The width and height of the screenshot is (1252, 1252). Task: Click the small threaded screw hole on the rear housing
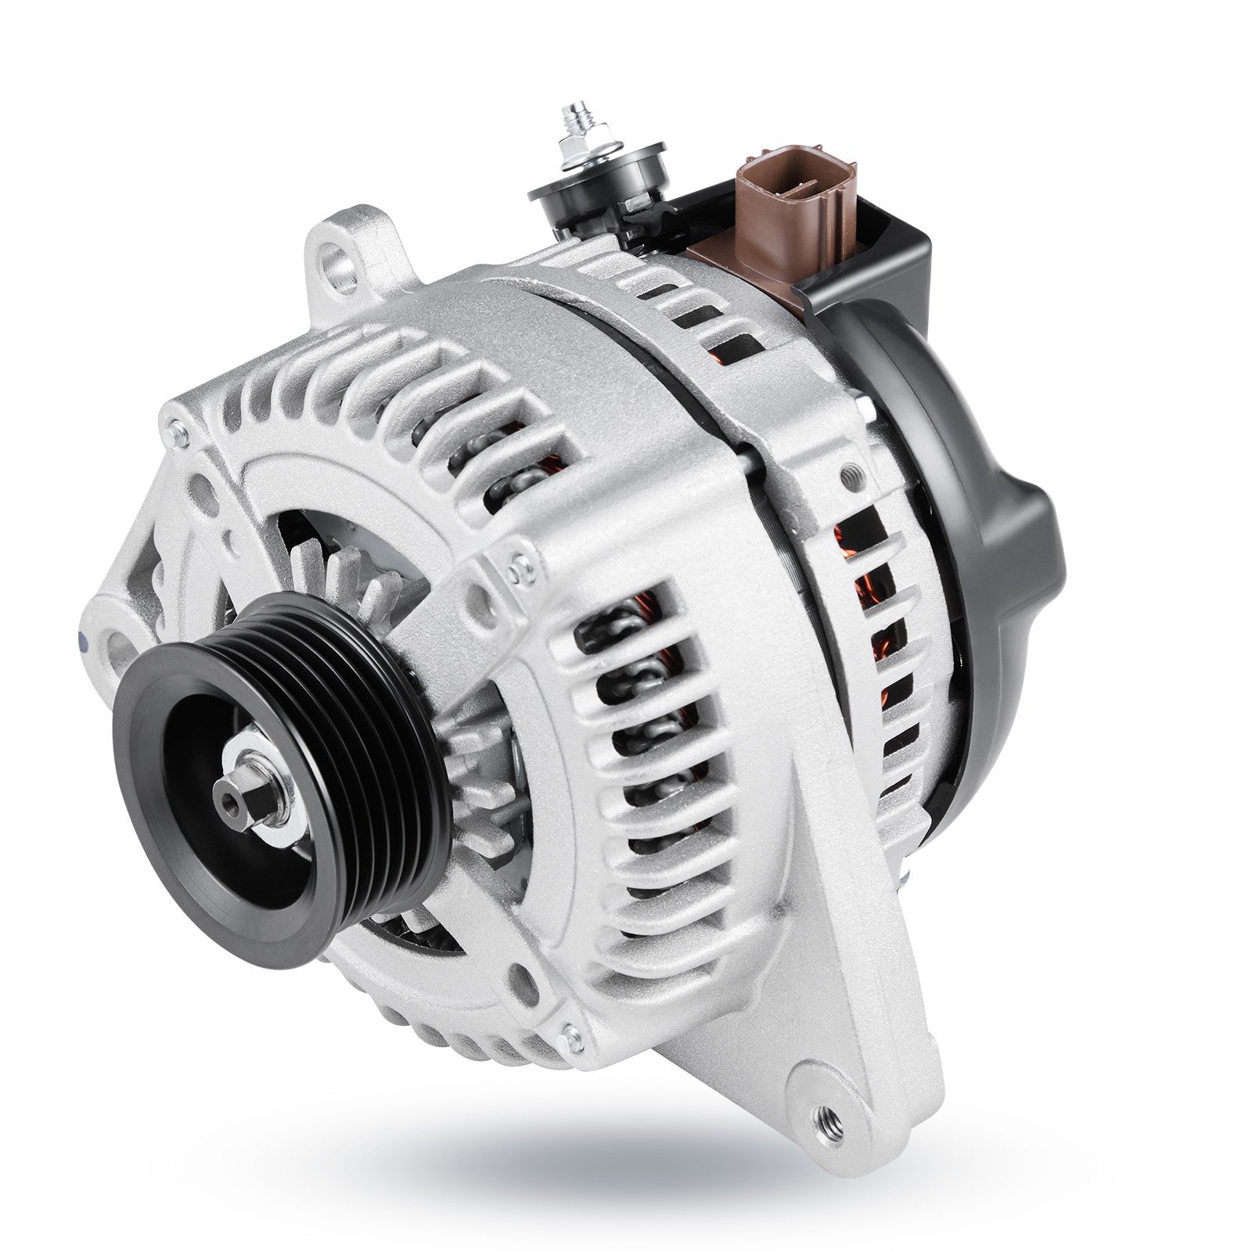tap(848, 473)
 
